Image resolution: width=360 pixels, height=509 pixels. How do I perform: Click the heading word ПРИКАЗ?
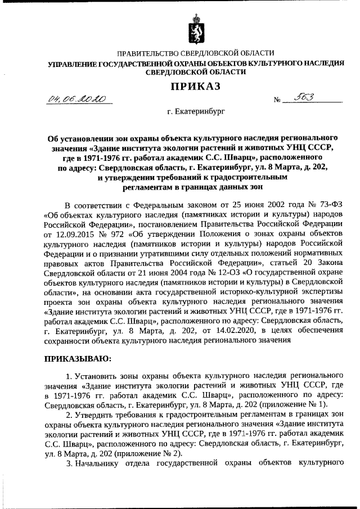[x=195, y=86]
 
